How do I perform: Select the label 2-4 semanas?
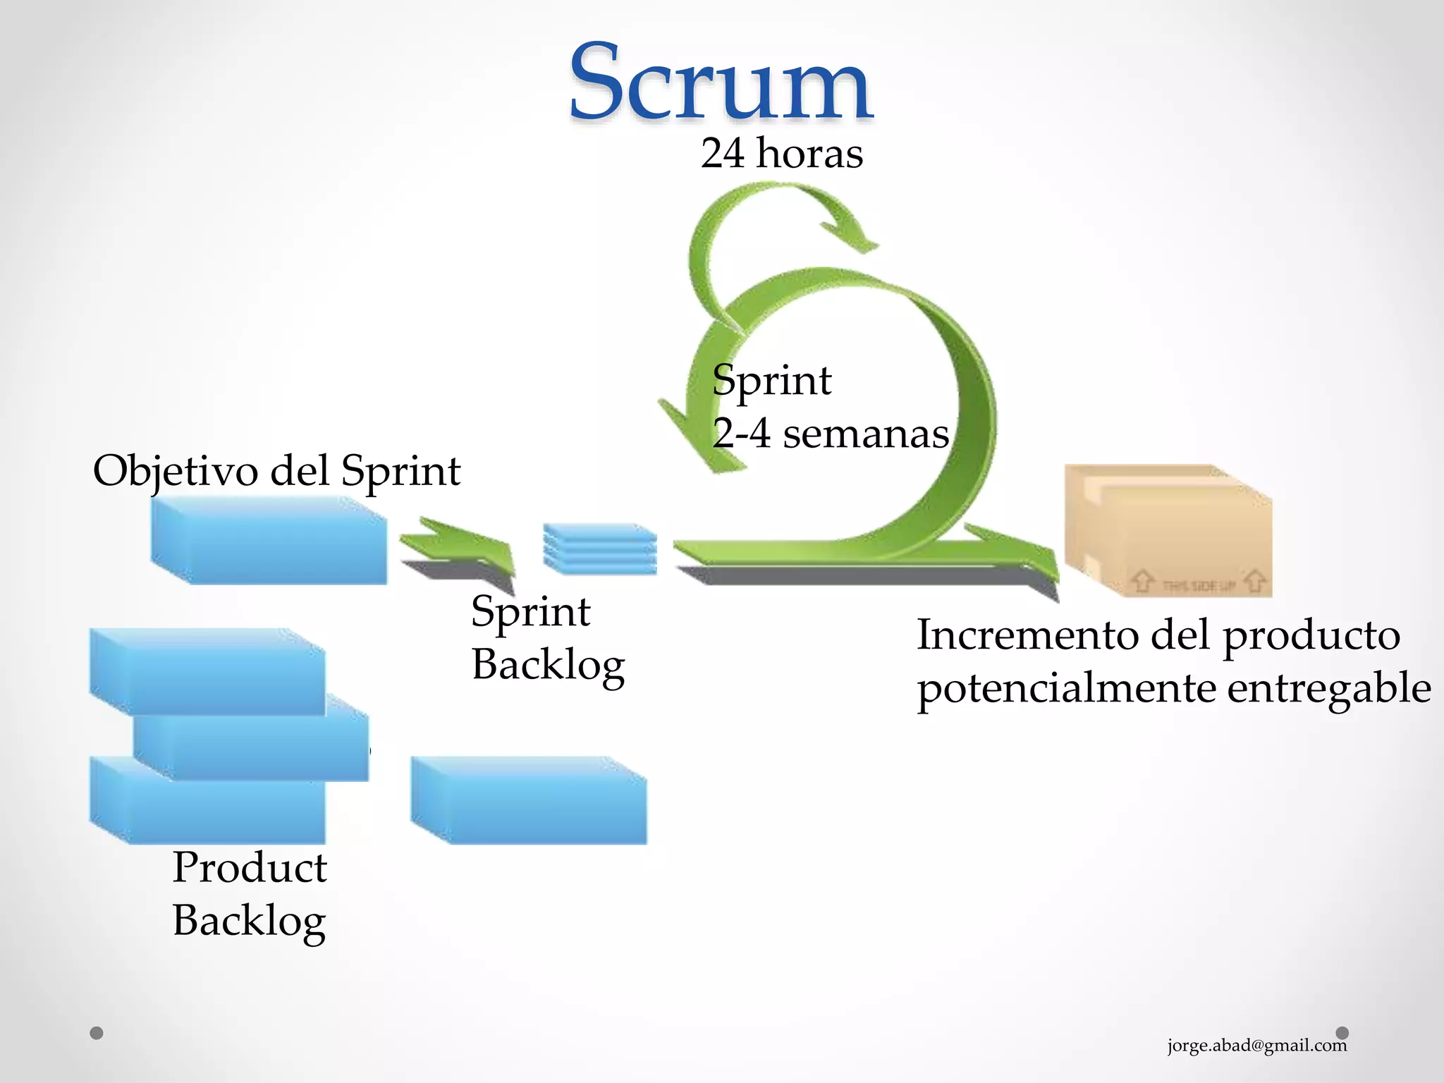point(831,433)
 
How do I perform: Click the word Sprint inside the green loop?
point(771,381)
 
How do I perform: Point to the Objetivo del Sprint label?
point(276,470)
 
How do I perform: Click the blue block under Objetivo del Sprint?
point(269,541)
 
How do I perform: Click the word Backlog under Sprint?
point(548,665)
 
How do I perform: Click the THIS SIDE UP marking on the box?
point(1198,585)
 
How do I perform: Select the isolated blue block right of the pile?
point(529,800)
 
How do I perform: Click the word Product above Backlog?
point(250,867)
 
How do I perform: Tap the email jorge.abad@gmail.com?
point(1256,1045)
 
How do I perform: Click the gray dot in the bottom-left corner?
point(97,1033)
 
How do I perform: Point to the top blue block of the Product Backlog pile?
point(208,671)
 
